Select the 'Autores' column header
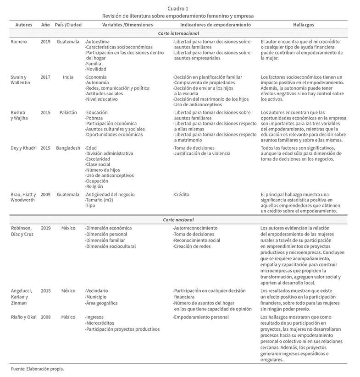(x=23, y=24)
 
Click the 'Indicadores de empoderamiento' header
(x=215, y=24)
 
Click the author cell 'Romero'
(x=19, y=41)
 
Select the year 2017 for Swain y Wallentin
(x=45, y=77)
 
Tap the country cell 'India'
(x=68, y=77)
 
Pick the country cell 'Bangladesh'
(x=68, y=148)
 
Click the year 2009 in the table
(x=45, y=194)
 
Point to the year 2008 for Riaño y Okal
(x=45, y=317)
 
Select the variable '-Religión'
(x=94, y=186)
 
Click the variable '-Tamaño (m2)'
(x=99, y=200)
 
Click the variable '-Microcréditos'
(x=101, y=323)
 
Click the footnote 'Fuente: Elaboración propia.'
(x=38, y=369)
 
